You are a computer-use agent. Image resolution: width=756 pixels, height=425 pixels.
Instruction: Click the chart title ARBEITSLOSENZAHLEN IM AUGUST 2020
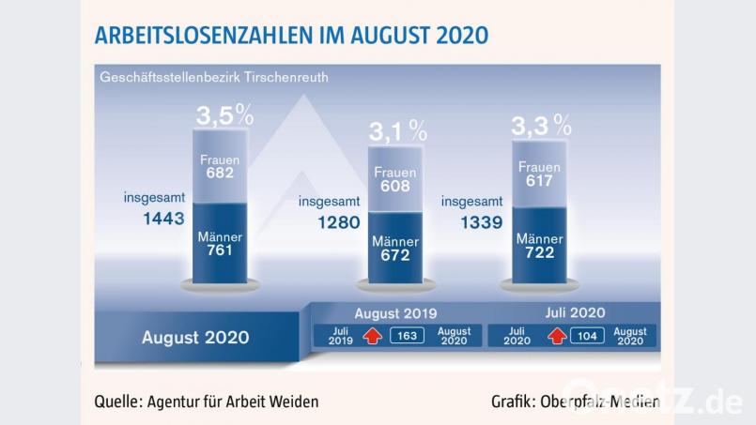pos(290,36)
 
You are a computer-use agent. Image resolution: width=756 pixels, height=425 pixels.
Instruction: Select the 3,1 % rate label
pos(396,130)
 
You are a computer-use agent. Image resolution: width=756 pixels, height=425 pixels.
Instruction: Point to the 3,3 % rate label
pos(540,124)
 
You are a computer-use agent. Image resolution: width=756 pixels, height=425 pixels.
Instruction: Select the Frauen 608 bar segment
pos(395,179)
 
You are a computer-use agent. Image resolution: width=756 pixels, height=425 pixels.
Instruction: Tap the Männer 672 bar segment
pos(395,249)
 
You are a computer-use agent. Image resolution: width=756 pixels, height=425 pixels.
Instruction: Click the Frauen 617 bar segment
pos(539,175)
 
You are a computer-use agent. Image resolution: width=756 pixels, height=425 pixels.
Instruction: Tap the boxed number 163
pos(406,337)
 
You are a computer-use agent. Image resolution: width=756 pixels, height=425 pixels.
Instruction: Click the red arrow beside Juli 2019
pos(371,337)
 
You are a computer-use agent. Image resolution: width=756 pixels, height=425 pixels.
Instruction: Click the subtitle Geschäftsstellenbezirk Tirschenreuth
pos(214,76)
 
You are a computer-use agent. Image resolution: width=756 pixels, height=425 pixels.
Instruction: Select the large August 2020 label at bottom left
pos(195,337)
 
